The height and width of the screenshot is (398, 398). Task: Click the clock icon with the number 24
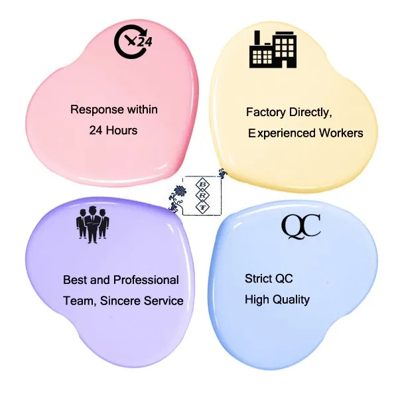coord(134,42)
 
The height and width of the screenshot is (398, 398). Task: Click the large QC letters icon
coord(300,226)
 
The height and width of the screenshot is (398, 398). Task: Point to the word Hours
coord(122,130)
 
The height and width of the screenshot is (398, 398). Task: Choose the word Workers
coord(340,133)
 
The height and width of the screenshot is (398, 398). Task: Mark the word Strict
coord(259,279)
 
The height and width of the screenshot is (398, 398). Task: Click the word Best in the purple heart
coord(74,280)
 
